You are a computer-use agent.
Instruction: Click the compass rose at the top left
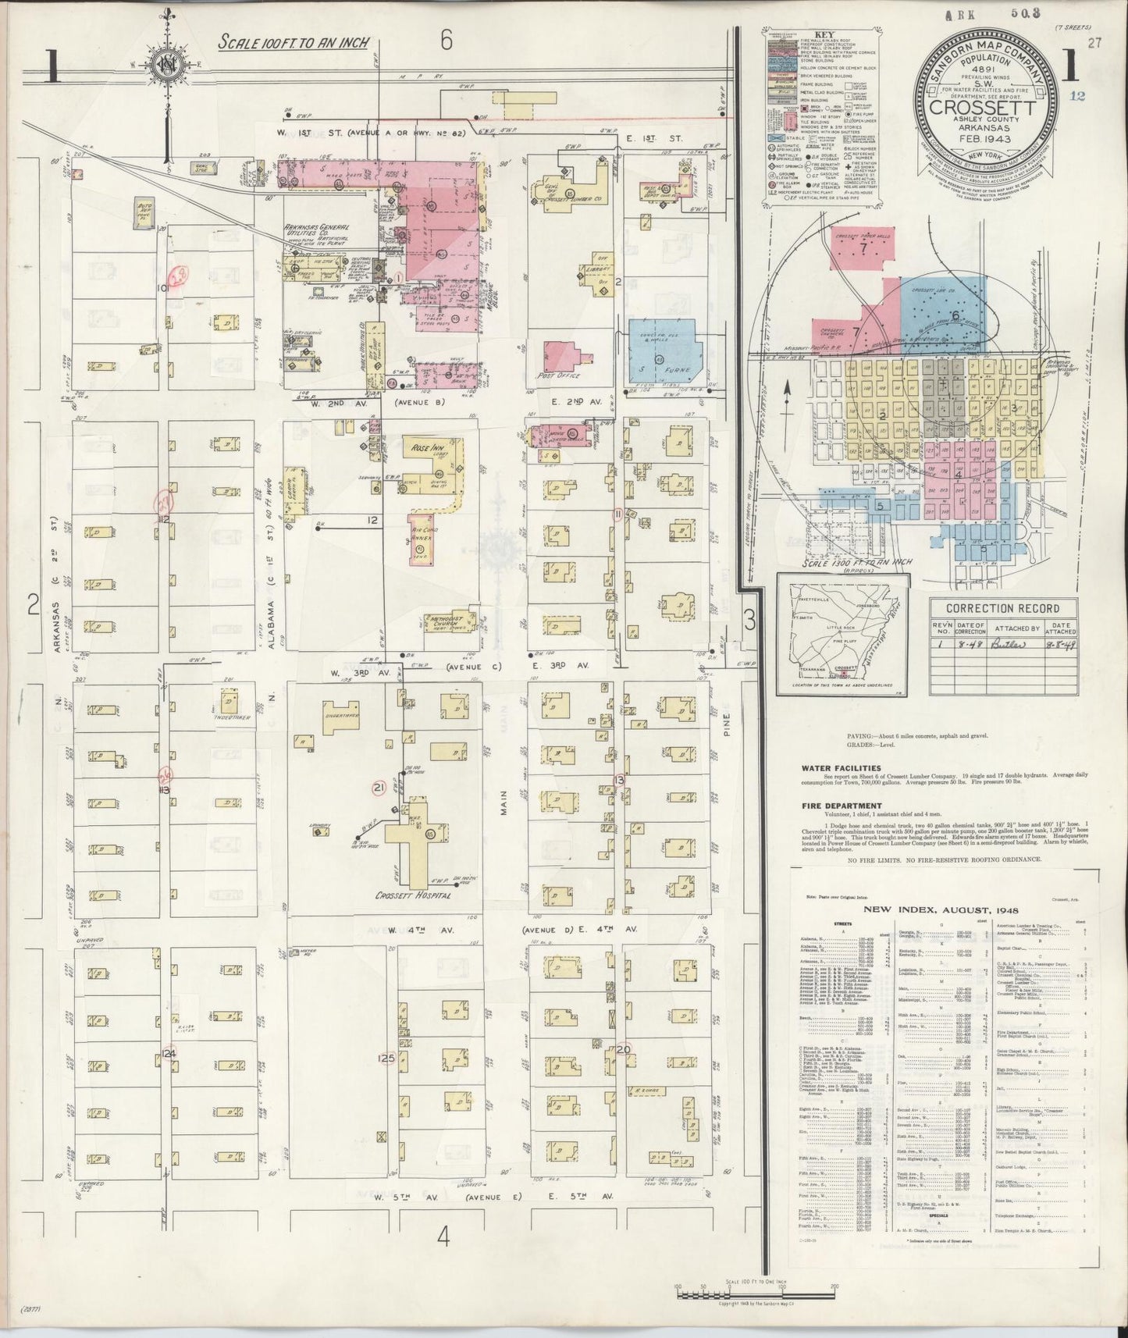click(166, 66)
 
